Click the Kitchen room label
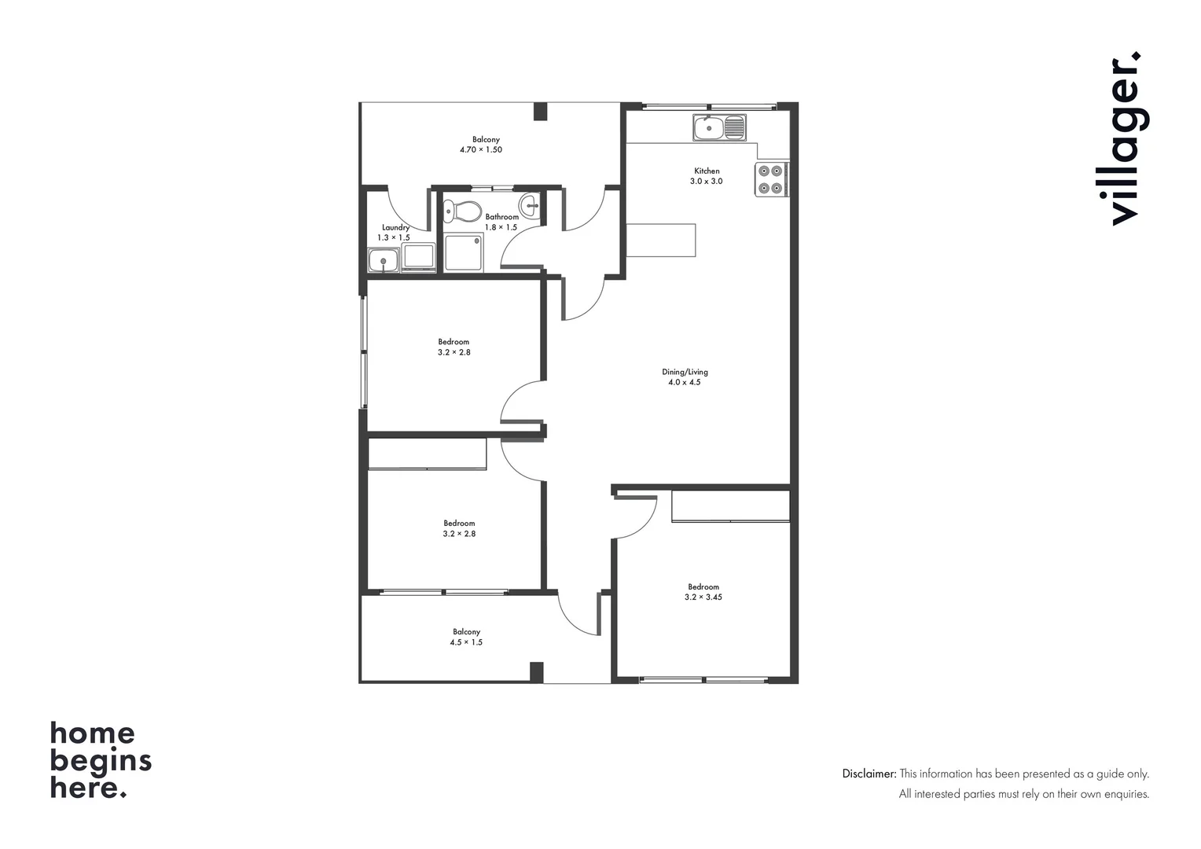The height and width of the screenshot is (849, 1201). coord(706,171)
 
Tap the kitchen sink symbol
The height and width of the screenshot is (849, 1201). coord(719,127)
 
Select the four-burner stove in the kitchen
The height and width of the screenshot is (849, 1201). coord(771,179)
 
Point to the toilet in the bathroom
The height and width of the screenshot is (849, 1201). coord(463,211)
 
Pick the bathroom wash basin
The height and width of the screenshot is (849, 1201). coord(532,206)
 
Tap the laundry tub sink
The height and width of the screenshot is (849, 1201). coord(383,260)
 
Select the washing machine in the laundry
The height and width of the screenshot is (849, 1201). coord(418,257)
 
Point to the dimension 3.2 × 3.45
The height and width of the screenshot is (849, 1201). coord(703,597)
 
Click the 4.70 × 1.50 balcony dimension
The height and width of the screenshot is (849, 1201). coord(480,149)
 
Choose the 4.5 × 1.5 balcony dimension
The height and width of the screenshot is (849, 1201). coord(466,642)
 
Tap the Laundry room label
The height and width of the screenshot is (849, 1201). coord(395,227)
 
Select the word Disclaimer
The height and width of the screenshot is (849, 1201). coord(869,774)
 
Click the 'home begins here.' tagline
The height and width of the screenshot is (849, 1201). coord(101,759)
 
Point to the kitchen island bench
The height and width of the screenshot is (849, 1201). coord(661,240)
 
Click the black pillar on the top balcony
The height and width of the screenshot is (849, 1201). coord(540,111)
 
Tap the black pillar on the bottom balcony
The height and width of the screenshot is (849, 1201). coord(536,672)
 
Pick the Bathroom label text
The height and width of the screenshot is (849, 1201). coord(501,217)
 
